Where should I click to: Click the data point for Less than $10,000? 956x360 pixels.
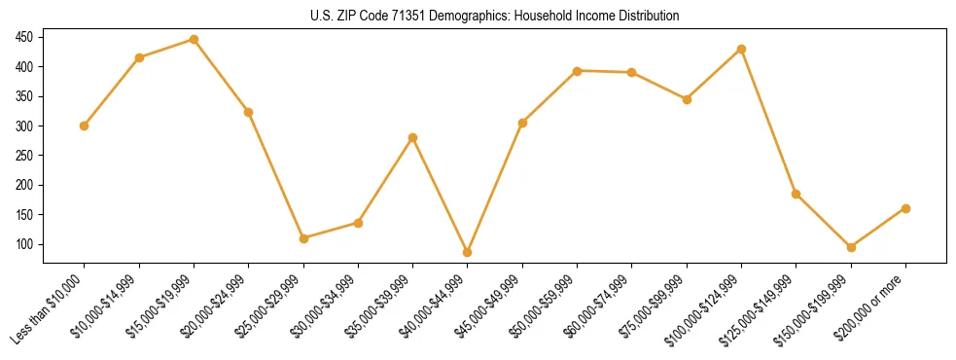pos(85,126)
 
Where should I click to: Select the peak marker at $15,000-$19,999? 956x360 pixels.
pos(194,40)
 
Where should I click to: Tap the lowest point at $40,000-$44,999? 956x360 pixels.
pos(468,252)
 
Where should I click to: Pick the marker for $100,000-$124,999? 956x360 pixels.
pos(741,49)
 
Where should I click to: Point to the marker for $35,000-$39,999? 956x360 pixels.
pos(412,137)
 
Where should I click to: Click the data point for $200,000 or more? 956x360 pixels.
pos(905,208)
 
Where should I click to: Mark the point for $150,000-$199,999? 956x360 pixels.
pos(851,247)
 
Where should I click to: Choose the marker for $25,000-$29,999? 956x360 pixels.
pos(303,238)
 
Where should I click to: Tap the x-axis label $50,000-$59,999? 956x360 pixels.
pos(545,306)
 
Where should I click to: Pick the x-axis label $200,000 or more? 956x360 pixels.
pos(873,306)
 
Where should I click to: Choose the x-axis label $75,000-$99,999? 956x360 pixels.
pos(655,306)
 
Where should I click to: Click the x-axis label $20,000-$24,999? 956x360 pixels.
pos(216,306)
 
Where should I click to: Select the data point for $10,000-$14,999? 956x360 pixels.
pos(139,58)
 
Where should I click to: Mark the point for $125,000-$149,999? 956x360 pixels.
pos(796,194)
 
